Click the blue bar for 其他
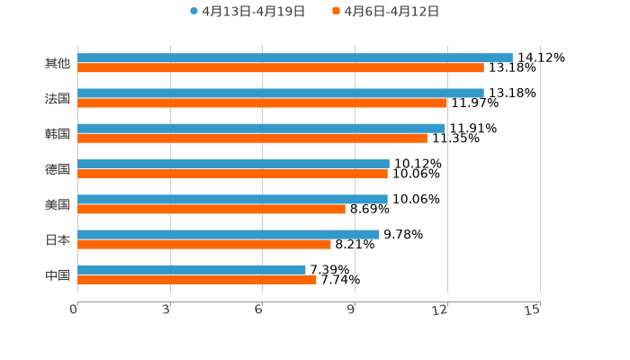point(295,58)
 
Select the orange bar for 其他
point(281,67)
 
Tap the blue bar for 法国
point(281,93)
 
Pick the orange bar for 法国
point(263,103)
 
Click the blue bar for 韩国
point(261,128)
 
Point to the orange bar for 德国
point(232,174)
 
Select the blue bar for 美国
point(232,199)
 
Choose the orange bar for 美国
point(211,209)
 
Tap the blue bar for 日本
point(229,234)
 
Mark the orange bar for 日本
point(204,244)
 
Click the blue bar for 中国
point(192,269)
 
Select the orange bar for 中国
point(197,279)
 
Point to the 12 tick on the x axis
point(440,310)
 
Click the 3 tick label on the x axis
point(166,310)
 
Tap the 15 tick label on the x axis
point(532,310)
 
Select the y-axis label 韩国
point(58,133)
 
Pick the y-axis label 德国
point(58,169)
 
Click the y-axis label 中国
point(58,274)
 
